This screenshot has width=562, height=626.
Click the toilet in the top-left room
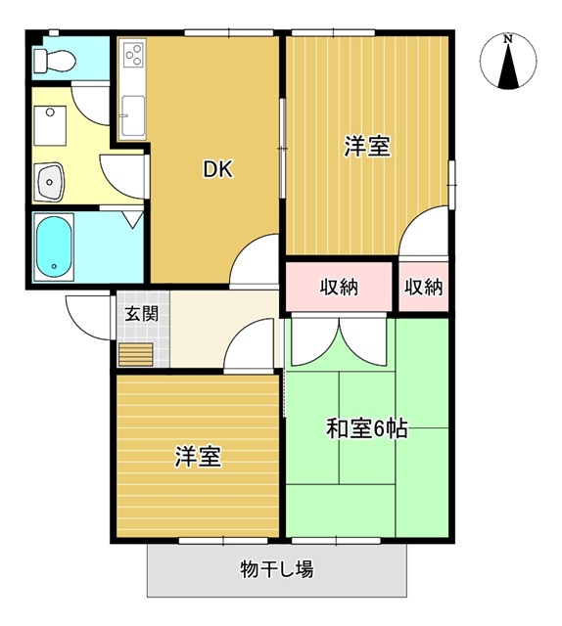[55, 61]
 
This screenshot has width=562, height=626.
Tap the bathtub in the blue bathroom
[54, 246]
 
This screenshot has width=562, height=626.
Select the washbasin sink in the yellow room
[49, 182]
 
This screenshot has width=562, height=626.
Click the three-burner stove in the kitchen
[133, 55]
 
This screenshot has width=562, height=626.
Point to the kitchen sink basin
[133, 115]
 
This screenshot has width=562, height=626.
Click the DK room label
[217, 169]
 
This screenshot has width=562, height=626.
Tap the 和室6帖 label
[367, 428]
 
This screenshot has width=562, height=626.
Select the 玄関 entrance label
[142, 314]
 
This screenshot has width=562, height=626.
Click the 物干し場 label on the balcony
[277, 569]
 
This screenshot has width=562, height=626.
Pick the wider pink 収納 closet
[339, 287]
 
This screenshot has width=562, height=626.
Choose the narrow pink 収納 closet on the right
[424, 287]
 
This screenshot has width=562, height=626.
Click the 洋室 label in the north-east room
[367, 147]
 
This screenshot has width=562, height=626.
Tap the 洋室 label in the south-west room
[198, 457]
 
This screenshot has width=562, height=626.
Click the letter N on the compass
[508, 39]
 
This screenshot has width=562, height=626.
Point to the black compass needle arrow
[508, 66]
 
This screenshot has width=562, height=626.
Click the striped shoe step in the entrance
[136, 354]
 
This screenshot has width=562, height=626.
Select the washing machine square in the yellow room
[50, 125]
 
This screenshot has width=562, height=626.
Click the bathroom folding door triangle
[133, 219]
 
